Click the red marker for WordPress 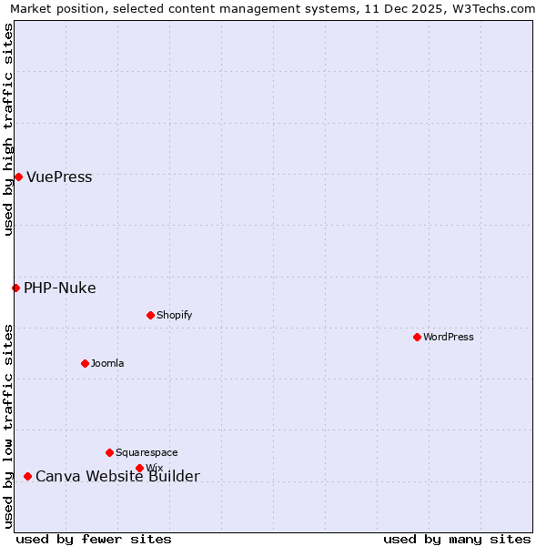coord(417,337)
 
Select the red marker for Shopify coord(150,315)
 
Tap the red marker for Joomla coord(85,363)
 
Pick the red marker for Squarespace coord(109,452)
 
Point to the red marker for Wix coord(139,468)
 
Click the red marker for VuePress coord(18,177)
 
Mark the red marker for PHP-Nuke coord(15,288)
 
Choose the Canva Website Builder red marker coord(27,476)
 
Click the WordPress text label coord(449,337)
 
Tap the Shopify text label coord(174,315)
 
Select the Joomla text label coord(107,363)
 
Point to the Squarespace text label coord(147,452)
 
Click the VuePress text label coord(59,177)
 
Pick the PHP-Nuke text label coord(59,288)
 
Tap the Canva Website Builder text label coord(117,477)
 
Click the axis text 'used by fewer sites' coord(94,539)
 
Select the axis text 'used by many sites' coord(457,539)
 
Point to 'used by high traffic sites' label coord(8,129)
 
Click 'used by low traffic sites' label coord(8,425)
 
